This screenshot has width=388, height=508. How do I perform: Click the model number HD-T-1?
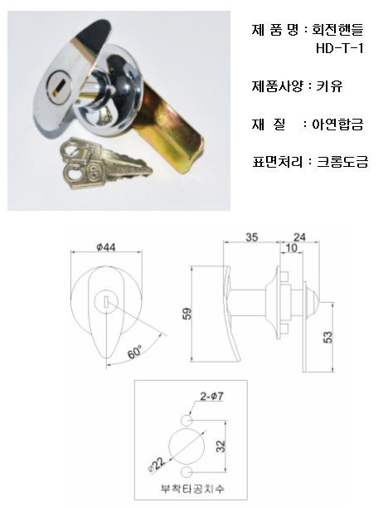tap(339, 48)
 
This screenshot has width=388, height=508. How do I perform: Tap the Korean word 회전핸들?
tap(337, 30)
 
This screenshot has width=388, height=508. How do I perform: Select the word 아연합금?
tap(337, 124)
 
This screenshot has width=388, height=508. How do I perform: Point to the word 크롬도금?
tap(342, 161)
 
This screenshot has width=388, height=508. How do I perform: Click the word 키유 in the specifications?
tap(329, 86)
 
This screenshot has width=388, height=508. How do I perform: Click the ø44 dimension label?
tap(106, 247)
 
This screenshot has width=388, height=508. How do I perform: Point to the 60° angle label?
tap(134, 352)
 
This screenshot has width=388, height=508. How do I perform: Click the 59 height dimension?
tap(187, 314)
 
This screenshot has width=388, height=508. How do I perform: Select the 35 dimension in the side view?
tap(252, 237)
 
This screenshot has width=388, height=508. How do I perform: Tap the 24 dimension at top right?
tap(299, 237)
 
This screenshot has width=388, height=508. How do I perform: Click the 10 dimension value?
tap(291, 248)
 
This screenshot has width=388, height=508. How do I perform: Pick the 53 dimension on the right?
tap(327, 337)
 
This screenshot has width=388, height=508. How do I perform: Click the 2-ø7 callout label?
tap(211, 396)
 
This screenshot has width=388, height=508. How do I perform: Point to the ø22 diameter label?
tap(158, 465)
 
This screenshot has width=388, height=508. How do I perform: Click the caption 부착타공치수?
tap(192, 489)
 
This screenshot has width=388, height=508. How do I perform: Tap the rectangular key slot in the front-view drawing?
tap(106, 301)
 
